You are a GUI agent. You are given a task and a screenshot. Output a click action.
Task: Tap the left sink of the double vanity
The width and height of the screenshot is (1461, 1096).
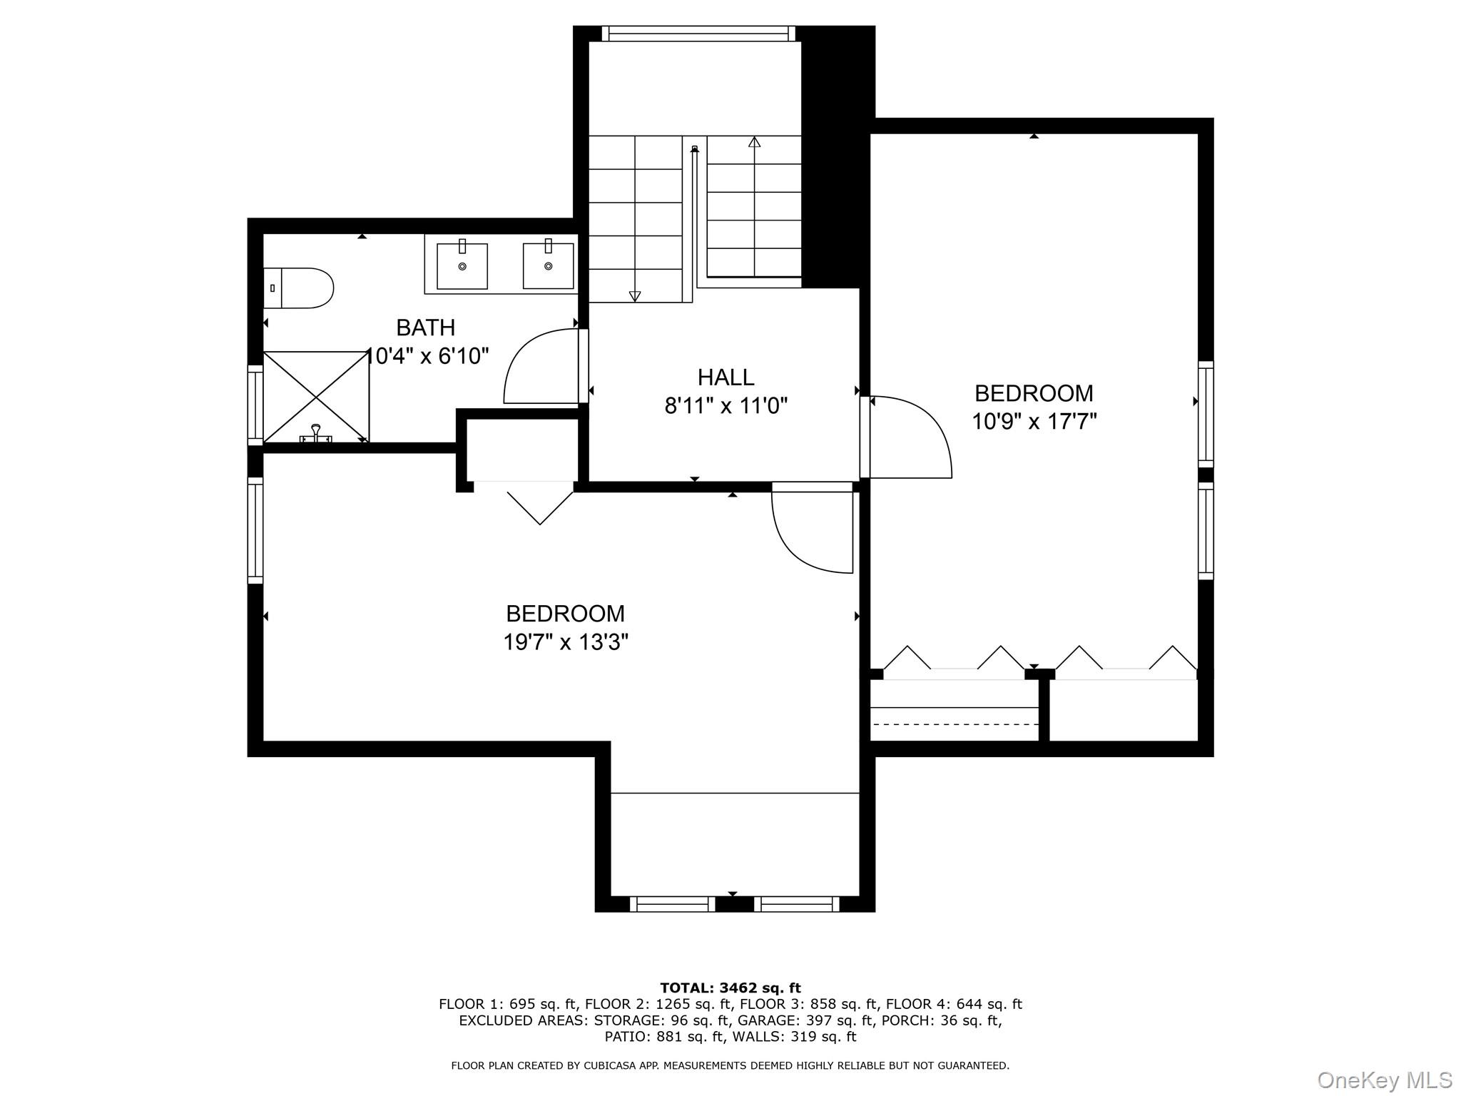462,266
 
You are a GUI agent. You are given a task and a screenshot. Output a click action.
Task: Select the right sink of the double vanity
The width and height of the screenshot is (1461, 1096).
548,266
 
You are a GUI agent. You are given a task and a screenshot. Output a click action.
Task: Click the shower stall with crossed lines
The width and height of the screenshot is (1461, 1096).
316,397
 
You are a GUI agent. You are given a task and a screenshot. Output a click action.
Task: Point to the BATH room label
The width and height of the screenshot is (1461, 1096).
425,328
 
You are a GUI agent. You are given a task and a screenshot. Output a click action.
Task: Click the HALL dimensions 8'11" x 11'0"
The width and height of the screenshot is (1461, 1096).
726,406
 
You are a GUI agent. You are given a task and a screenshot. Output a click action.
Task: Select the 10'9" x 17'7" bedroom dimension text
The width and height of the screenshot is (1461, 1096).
1034,422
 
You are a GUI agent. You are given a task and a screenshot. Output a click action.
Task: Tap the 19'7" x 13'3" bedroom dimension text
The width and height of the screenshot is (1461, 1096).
565,642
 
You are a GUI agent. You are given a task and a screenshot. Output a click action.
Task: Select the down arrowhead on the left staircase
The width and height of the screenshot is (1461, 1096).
635,296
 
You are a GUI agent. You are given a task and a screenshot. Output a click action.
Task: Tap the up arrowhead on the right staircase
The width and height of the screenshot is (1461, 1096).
754,142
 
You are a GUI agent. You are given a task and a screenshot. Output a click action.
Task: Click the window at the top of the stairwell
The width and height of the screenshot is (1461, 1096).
698,34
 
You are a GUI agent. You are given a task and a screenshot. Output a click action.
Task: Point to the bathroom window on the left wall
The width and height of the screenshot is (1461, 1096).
255,405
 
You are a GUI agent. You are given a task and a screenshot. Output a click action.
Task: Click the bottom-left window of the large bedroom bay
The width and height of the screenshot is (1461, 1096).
671,905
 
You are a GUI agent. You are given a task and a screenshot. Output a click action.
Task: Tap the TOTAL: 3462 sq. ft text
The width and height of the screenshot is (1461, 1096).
730,988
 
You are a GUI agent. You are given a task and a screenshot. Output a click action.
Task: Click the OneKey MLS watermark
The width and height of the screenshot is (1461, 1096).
1384,1080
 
